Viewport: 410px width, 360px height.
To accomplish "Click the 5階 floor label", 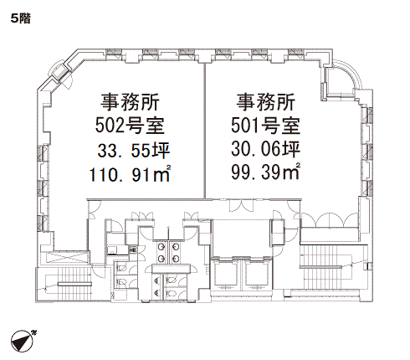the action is pyautogui.click(x=21, y=18).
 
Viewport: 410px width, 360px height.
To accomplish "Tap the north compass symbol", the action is pyautogui.click(x=23, y=341).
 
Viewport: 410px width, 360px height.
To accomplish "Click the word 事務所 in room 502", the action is pyautogui.click(x=130, y=102).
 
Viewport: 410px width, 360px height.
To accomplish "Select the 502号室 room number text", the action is pyautogui.click(x=130, y=126).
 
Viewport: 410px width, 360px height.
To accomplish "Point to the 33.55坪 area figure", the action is pyautogui.click(x=134, y=150).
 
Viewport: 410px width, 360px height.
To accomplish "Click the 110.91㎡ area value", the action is pyautogui.click(x=130, y=174).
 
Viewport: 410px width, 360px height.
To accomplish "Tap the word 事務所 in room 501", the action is pyautogui.click(x=266, y=102).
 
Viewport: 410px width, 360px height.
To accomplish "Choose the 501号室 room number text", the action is pyautogui.click(x=266, y=126).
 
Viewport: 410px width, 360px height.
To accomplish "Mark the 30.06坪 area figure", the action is pyautogui.click(x=266, y=149).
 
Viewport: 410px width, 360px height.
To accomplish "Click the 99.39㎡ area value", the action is pyautogui.click(x=266, y=172).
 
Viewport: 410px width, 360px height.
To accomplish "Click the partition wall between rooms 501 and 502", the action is pyautogui.click(x=205, y=131).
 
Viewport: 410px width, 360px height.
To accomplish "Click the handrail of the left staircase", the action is pyautogui.click(x=74, y=285).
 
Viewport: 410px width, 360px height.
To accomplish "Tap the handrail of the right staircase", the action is pyautogui.click(x=320, y=267).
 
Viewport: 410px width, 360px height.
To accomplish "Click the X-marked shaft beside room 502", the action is pyautogui.click(x=69, y=258).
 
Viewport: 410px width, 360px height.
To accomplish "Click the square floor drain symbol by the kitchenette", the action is pyautogui.click(x=132, y=249).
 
